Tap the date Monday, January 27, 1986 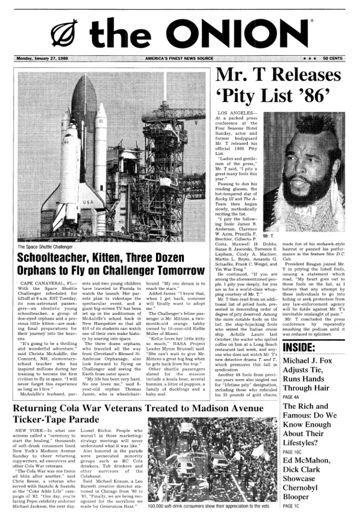click(x=43, y=58)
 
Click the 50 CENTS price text click(x=332, y=58)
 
